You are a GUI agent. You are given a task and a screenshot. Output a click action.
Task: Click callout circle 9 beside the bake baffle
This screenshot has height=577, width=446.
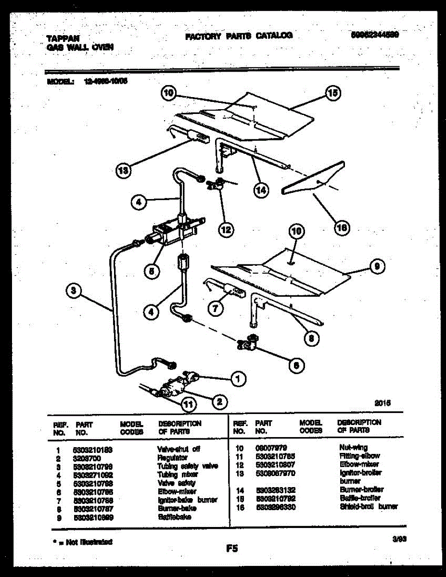click(377, 266)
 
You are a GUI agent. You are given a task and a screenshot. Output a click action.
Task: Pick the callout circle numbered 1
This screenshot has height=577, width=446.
click(237, 379)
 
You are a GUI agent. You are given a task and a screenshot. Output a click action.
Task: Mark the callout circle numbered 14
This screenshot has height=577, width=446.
click(260, 190)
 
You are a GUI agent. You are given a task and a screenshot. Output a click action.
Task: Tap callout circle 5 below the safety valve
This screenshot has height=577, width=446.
click(152, 271)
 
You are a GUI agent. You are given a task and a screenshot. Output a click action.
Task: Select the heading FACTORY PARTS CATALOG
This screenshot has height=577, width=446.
click(239, 36)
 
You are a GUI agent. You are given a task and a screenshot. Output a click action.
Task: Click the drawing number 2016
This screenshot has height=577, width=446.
click(381, 403)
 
